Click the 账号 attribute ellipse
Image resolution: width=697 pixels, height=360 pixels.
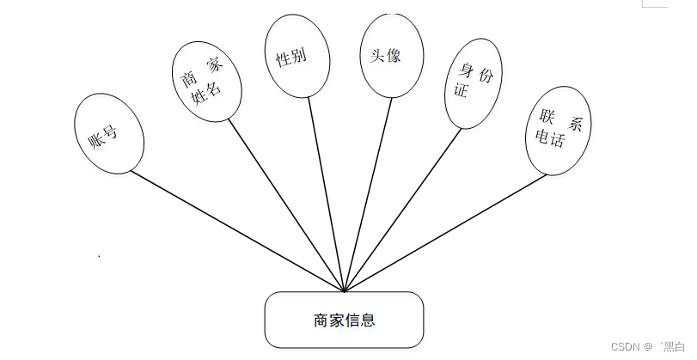pyautogui.click(x=108, y=133)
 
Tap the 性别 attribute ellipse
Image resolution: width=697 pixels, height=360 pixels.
pyautogui.click(x=297, y=56)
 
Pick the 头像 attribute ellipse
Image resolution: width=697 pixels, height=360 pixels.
pyautogui.click(x=391, y=55)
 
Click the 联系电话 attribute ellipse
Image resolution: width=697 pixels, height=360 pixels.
pyautogui.click(x=558, y=130)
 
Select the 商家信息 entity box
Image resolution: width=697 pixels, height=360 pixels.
pyautogui.click(x=344, y=320)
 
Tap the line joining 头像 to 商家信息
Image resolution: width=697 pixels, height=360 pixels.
pyautogui.click(x=368, y=193)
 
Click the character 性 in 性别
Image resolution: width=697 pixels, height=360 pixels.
pyautogui.click(x=283, y=60)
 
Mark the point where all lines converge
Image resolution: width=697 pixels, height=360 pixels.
pyautogui.click(x=344, y=291)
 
